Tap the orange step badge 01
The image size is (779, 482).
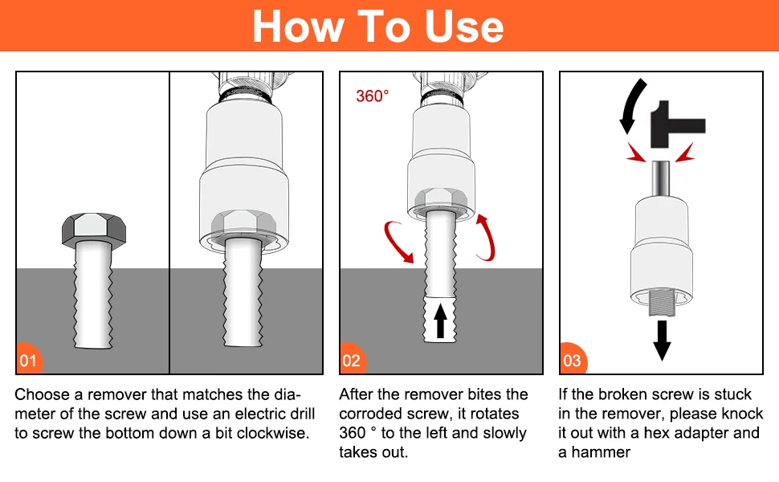pos(29,359)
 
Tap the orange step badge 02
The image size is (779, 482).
pos(353,359)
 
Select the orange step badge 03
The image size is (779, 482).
pos(573,359)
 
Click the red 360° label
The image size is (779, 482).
pos(372,96)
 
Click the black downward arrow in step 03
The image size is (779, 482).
pos(662,341)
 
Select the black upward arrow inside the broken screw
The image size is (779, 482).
pos(440,321)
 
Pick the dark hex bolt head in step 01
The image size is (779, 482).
pos(94,229)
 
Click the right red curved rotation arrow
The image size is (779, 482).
pos(487,238)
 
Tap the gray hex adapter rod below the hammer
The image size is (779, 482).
pos(661,179)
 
